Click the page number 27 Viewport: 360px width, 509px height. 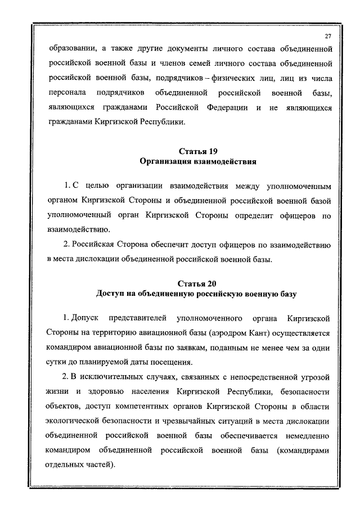328,36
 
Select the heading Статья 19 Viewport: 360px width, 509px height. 197,152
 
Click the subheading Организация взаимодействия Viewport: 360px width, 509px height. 197,163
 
